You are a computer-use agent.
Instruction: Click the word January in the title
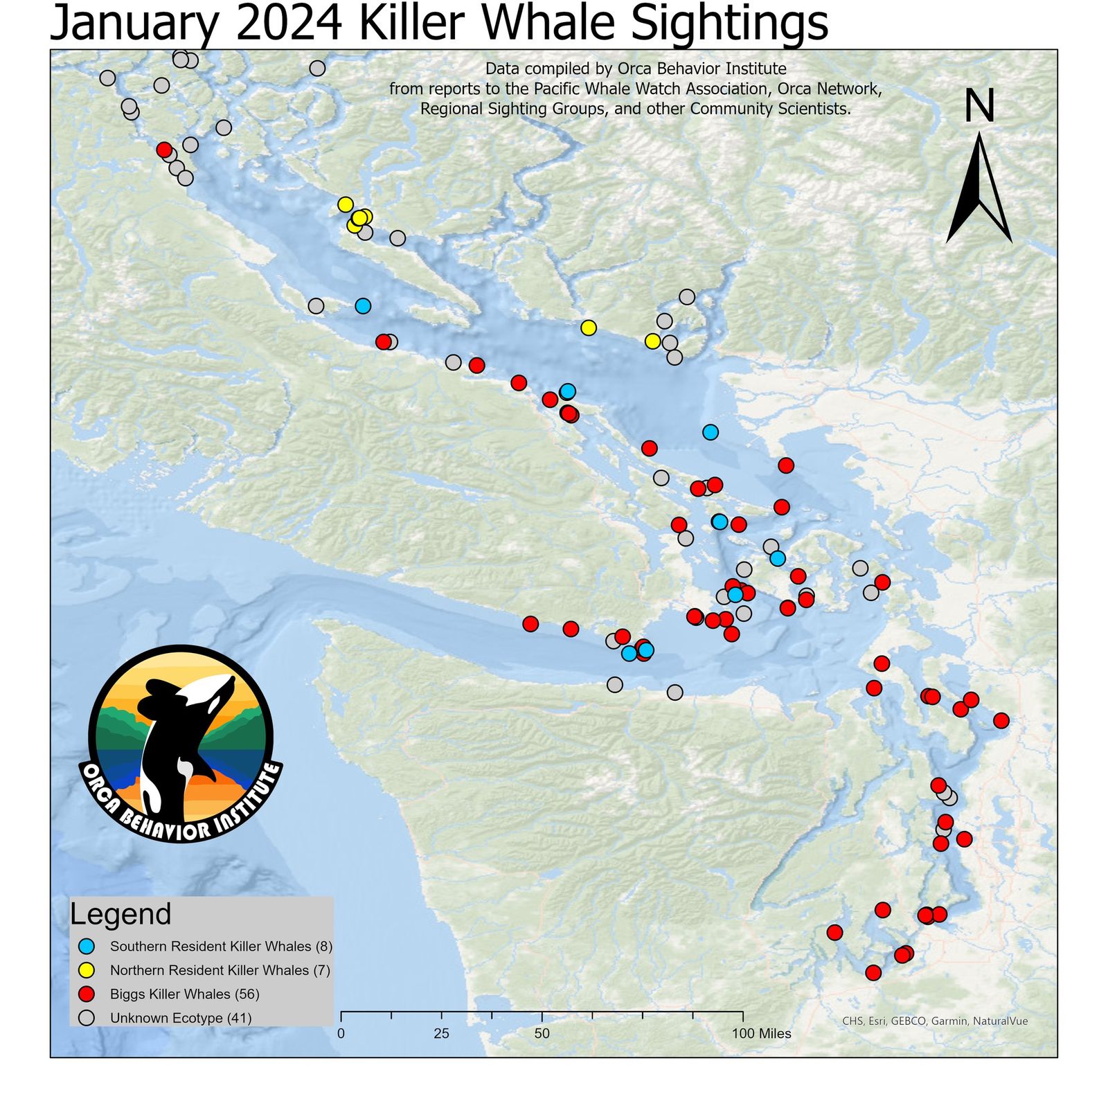132,24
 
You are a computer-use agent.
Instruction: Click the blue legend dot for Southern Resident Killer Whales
87,946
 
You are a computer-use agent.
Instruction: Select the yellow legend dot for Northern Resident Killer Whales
87,970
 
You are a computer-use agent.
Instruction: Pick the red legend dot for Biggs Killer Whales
87,994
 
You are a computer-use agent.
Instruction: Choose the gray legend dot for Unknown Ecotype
87,1018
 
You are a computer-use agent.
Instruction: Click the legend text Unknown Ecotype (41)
181,1018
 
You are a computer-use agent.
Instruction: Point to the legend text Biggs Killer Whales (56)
184,994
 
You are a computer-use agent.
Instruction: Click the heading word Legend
120,914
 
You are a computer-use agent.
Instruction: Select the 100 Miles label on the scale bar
761,1034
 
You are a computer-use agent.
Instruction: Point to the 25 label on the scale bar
441,1034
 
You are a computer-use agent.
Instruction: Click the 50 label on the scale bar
542,1034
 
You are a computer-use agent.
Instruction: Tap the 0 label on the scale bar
341,1034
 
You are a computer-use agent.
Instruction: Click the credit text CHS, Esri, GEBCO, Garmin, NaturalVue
935,1021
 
